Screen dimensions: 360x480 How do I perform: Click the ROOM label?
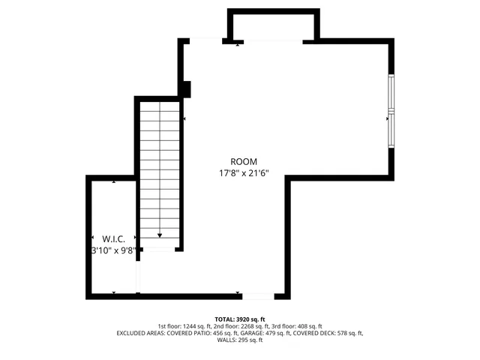click(x=244, y=161)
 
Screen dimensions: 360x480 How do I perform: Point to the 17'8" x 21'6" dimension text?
click(x=244, y=173)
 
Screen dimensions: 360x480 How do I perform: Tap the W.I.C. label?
click(x=103, y=238)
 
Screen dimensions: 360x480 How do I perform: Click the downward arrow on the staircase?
click(x=160, y=235)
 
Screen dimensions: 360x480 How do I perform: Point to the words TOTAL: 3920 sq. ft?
click(x=240, y=319)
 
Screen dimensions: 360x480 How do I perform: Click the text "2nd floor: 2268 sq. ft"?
click(x=241, y=326)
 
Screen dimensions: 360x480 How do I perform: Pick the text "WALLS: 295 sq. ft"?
click(x=240, y=340)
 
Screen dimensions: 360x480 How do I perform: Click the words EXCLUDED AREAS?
click(x=140, y=333)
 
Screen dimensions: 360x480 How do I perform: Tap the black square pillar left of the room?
click(x=186, y=89)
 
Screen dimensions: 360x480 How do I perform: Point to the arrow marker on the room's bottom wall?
click(x=238, y=292)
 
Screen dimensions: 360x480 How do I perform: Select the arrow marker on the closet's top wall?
click(x=113, y=181)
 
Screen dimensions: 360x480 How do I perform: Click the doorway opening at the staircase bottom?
click(x=159, y=248)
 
